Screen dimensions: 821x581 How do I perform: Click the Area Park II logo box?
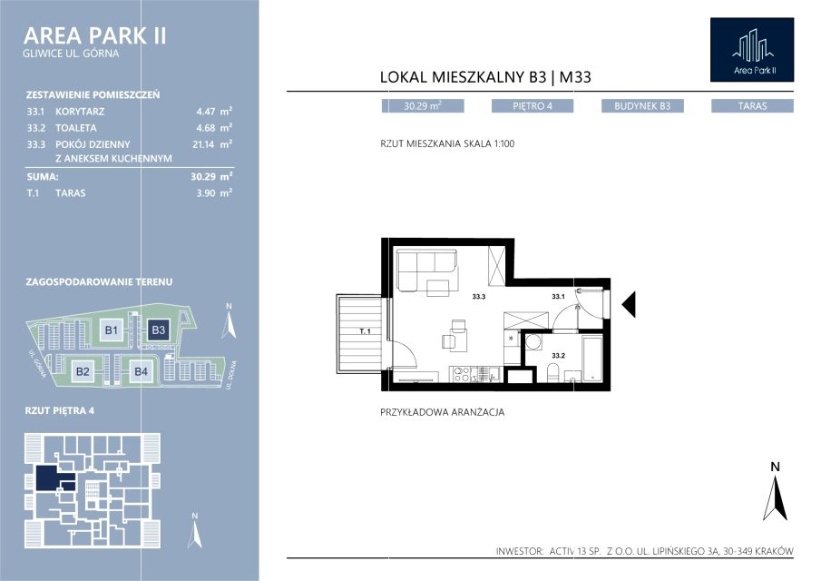tap(752, 50)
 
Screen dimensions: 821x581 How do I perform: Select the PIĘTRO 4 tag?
tap(533, 106)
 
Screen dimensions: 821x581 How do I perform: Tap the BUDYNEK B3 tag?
tap(642, 106)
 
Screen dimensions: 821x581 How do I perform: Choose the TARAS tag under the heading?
tap(752, 106)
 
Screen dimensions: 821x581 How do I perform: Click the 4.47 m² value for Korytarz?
tap(214, 111)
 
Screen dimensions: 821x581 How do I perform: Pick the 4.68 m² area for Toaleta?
tap(214, 127)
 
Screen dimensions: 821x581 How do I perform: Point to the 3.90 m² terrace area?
tap(214, 192)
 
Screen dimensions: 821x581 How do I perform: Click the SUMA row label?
tap(43, 176)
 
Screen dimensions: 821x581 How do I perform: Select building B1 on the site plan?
tap(112, 330)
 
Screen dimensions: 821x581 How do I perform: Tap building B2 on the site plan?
tap(83, 371)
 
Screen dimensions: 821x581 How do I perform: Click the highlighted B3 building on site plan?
tap(158, 330)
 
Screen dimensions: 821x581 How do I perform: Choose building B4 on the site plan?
tap(141, 371)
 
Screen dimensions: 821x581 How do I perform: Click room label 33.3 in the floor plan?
tap(479, 297)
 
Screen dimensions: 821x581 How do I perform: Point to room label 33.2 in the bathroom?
tap(558, 356)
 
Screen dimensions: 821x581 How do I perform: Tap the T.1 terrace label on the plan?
tap(365, 331)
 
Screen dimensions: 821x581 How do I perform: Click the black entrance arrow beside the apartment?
tap(629, 304)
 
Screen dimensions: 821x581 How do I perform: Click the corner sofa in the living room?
tap(426, 270)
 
